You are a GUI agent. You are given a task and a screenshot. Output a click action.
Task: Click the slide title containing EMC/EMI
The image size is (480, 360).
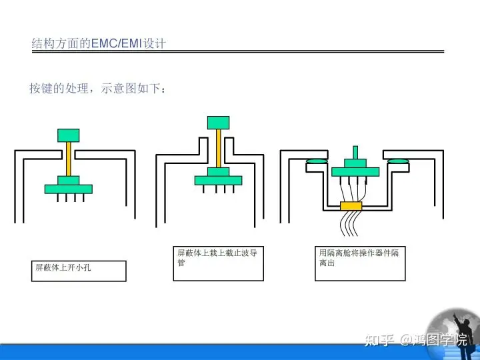99,43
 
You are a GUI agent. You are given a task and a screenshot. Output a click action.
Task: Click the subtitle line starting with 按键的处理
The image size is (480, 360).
98,88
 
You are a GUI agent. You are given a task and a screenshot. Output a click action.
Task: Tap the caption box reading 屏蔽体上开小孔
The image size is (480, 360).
79,271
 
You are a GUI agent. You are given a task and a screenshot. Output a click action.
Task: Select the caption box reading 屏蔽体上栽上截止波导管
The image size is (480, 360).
218,263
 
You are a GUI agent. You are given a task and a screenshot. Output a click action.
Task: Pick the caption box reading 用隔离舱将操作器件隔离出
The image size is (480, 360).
360,263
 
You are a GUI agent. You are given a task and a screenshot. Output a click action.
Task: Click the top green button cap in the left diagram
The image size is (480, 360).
68,135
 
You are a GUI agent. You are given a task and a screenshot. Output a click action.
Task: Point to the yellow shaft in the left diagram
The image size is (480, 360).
68,159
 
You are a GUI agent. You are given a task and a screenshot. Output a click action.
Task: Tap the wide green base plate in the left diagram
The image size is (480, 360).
68,189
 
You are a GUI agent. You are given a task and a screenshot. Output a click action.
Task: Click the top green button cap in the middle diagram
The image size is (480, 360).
218,123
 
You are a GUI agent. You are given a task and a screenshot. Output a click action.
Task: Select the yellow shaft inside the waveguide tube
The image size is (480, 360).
218,149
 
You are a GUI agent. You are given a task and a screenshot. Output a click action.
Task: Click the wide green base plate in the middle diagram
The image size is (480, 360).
218,180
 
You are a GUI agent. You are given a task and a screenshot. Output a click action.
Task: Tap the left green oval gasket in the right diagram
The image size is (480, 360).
317,161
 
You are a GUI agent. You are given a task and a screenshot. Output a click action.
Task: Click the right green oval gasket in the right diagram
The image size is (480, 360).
398,161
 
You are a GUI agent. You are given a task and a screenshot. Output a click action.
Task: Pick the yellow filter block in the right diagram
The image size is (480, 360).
351,206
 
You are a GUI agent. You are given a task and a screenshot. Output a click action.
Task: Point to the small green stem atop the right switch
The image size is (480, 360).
355,153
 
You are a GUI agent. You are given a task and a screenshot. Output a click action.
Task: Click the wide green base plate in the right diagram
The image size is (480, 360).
355,172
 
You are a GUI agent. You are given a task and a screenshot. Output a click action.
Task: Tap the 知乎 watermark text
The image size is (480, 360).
379,340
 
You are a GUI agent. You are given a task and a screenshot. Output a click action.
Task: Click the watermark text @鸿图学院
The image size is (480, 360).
434,340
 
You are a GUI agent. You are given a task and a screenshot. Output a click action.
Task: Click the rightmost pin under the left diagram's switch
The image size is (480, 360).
83,198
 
